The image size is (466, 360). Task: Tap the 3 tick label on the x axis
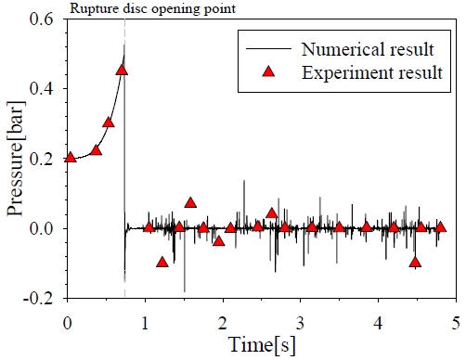[300, 321]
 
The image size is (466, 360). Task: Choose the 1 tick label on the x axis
[145, 321]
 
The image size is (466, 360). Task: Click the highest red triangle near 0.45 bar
[122, 70]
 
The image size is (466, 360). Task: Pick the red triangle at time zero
[71, 157]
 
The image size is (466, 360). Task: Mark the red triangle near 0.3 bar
[109, 122]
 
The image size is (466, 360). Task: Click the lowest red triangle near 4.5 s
[415, 262]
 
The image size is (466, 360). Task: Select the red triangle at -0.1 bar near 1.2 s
[162, 262]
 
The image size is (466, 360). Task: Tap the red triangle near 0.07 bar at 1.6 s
[190, 202]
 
